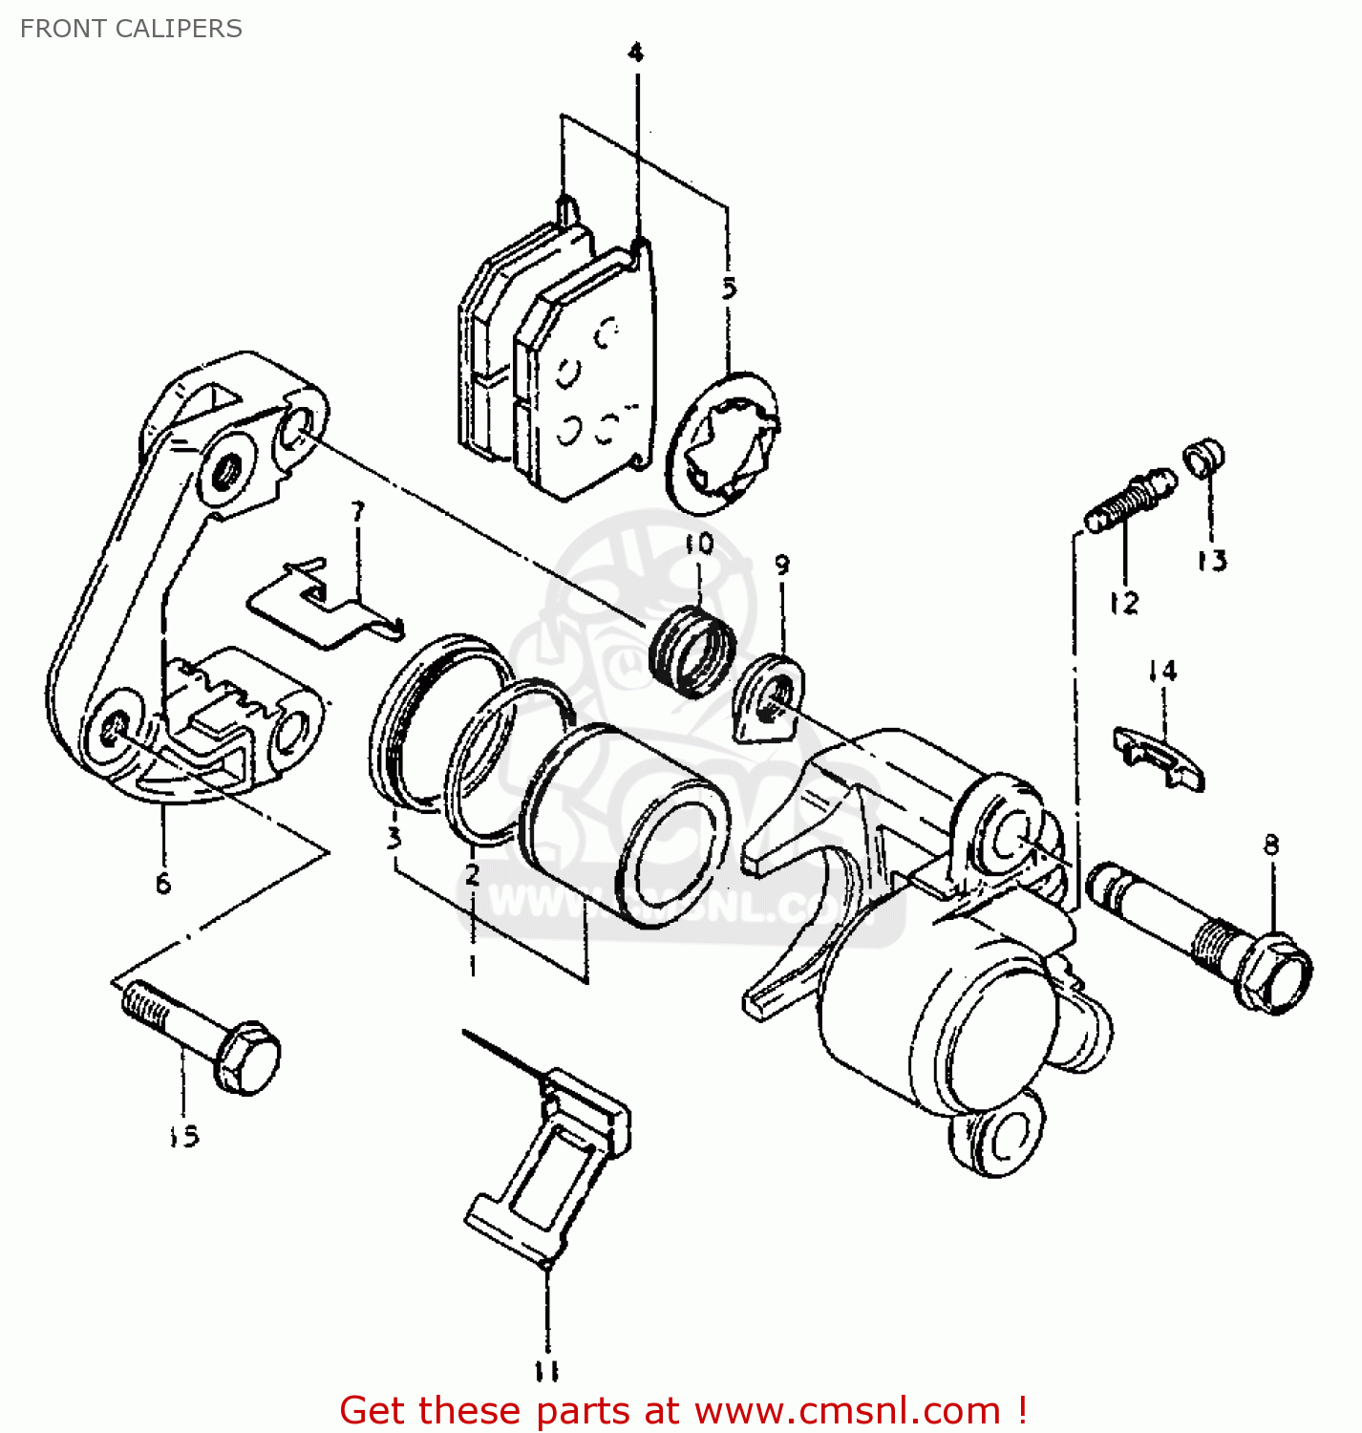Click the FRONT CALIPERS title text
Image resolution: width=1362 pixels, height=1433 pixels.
131,29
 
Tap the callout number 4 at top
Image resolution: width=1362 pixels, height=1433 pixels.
636,53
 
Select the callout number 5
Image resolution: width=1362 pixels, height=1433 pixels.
730,288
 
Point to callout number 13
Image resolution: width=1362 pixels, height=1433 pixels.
1212,561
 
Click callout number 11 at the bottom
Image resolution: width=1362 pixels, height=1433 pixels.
545,1372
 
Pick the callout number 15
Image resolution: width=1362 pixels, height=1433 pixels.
183,1136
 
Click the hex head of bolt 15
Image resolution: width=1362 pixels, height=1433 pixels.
247,1058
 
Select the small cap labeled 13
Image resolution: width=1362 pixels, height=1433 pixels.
1205,457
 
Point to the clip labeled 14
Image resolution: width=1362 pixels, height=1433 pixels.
1159,756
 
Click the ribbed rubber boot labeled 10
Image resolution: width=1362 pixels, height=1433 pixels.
692,651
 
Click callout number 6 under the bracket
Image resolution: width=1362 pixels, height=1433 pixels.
163,883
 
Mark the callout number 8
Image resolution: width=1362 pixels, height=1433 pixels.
1271,845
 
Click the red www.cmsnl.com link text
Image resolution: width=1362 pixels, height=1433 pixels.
846,1410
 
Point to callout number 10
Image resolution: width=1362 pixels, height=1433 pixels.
699,544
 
